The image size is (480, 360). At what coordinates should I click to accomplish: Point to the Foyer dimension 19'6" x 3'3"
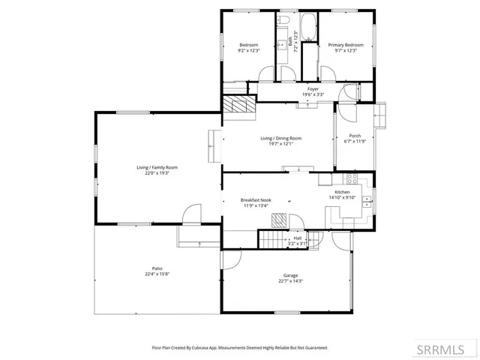click(x=313, y=94)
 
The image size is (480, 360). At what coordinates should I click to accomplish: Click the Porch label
click(x=355, y=136)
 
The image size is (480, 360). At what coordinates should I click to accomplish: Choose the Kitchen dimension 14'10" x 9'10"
click(x=342, y=198)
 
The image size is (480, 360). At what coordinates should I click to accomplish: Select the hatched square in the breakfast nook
click(x=278, y=220)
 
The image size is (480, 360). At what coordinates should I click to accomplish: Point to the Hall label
click(x=297, y=238)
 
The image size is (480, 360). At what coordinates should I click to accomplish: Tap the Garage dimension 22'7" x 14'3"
click(x=290, y=280)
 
